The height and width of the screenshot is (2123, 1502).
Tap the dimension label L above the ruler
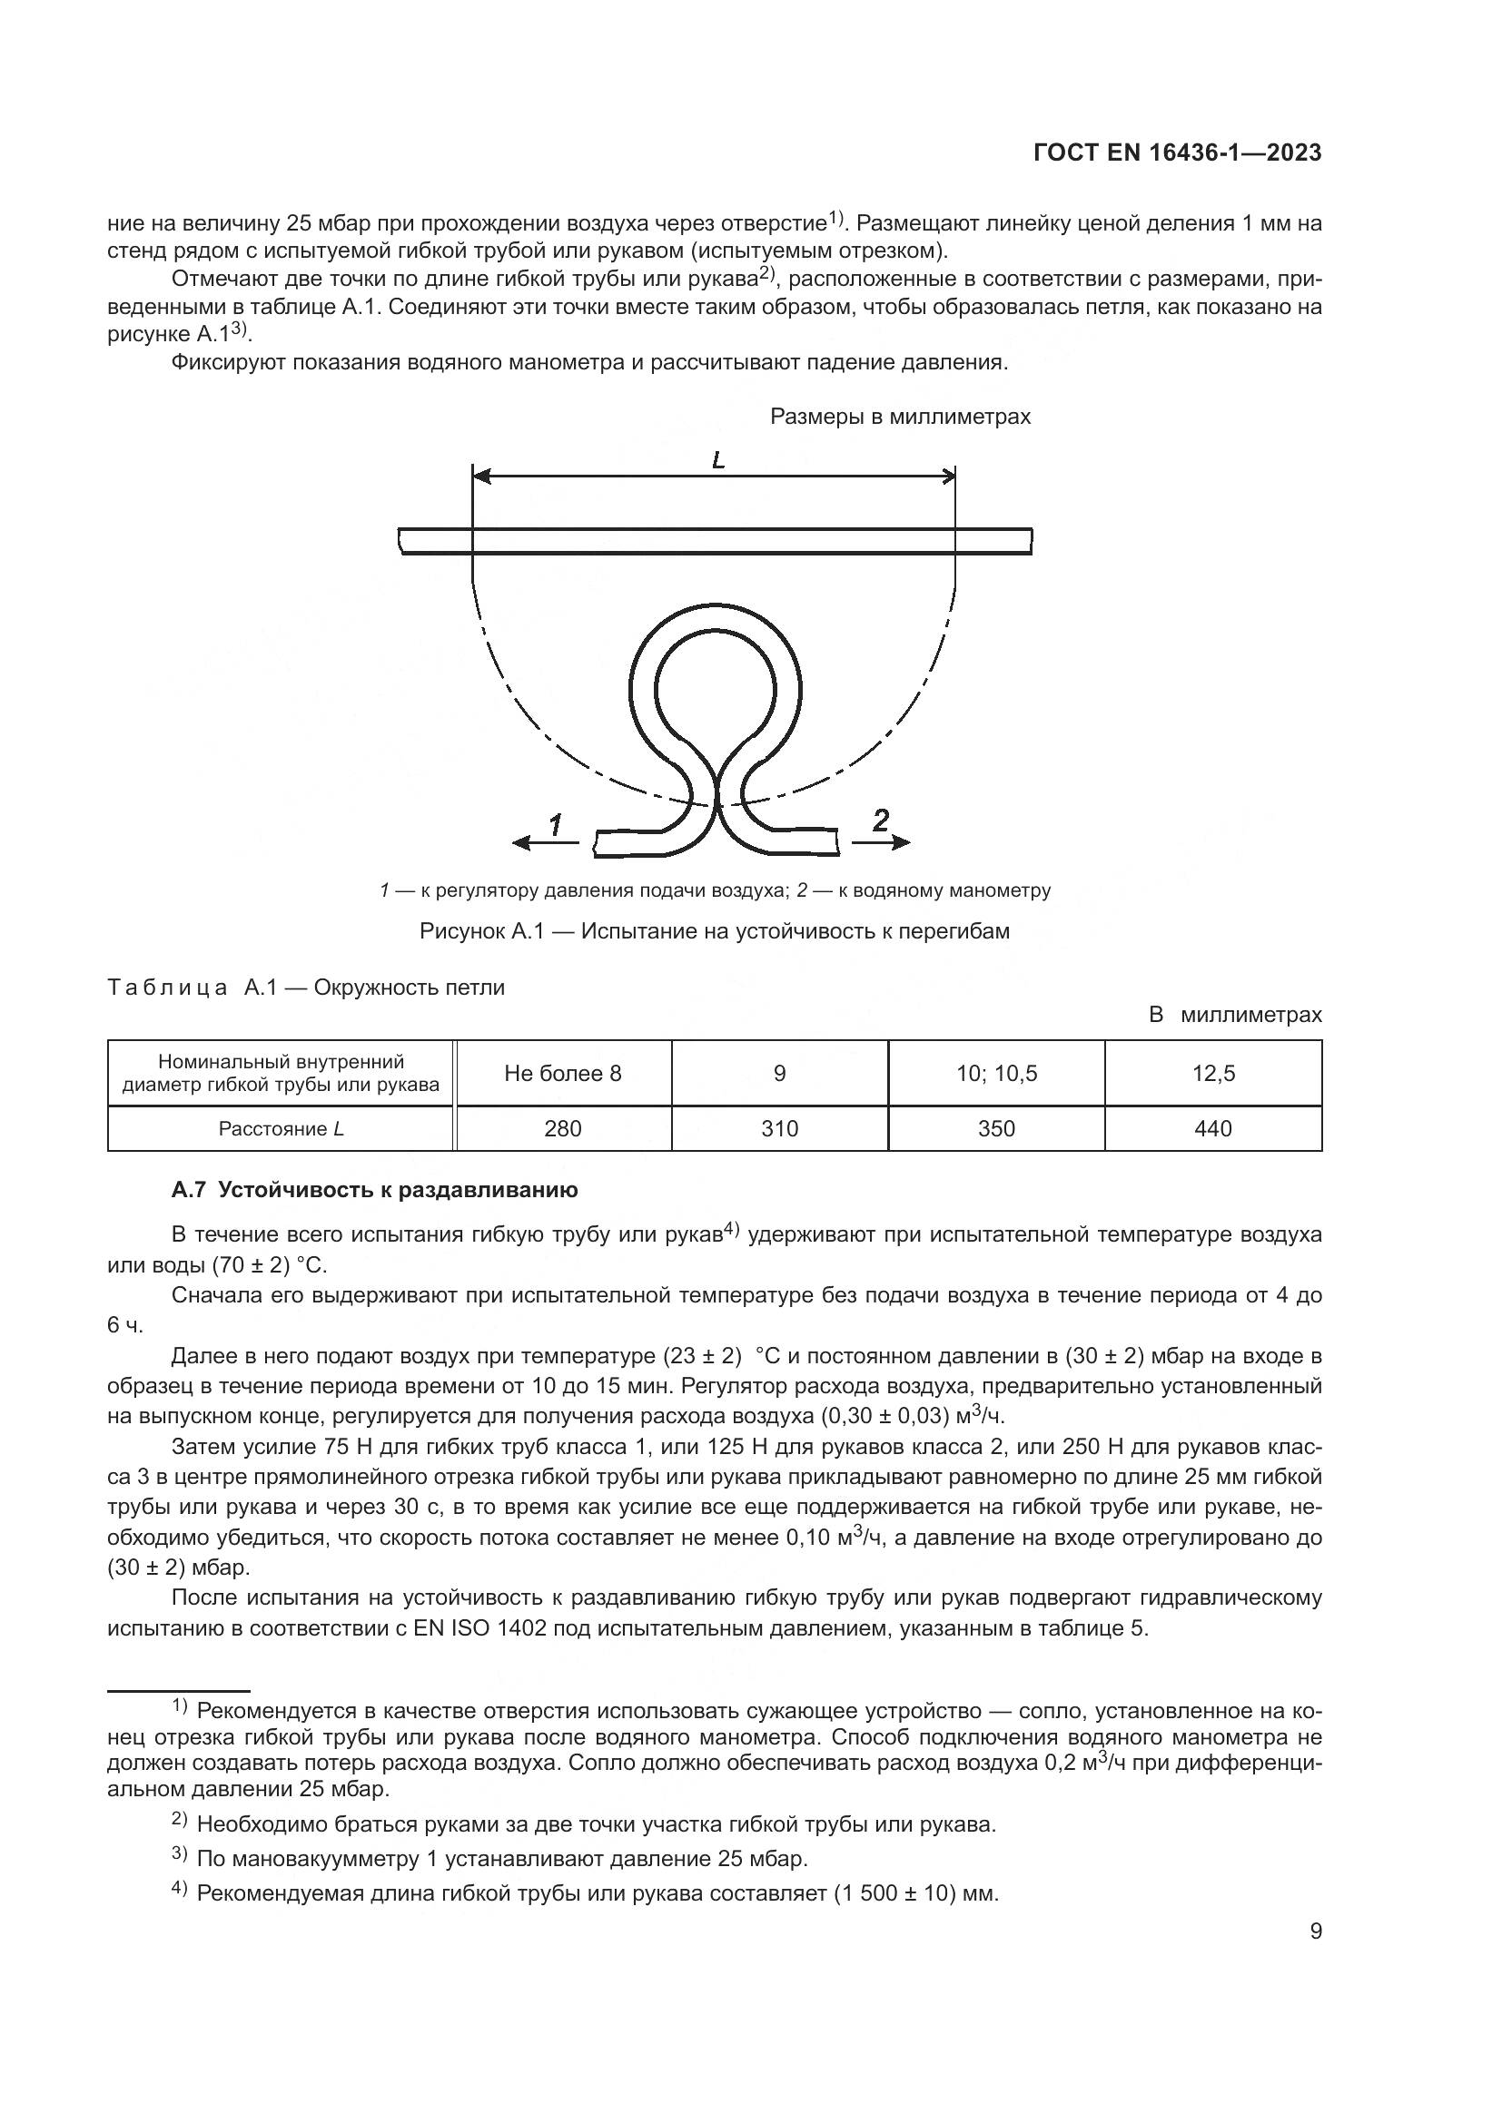coord(717,459)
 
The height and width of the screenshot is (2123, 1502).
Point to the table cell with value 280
coord(562,1128)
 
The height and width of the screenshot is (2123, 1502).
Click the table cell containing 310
coord(779,1128)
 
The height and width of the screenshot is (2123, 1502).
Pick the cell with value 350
coord(996,1128)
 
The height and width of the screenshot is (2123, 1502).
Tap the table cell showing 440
coord(1212,1128)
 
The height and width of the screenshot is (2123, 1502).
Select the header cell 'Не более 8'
coord(562,1073)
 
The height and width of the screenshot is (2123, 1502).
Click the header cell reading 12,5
coord(1212,1073)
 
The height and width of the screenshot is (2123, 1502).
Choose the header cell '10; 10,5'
coord(996,1073)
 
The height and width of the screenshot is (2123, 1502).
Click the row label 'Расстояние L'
coord(281,1128)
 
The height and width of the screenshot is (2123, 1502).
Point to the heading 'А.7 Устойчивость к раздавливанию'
coord(373,1190)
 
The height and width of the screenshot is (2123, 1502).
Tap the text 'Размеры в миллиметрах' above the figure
coord(900,417)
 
